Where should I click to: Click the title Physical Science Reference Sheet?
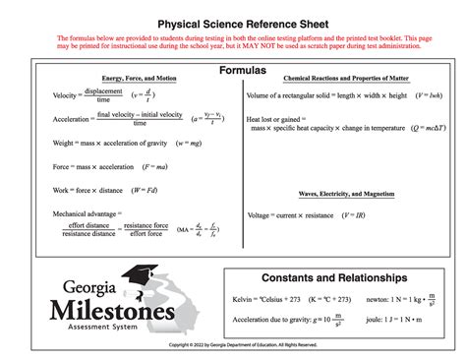(x=232, y=21)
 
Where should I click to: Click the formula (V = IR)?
(x=351, y=214)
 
